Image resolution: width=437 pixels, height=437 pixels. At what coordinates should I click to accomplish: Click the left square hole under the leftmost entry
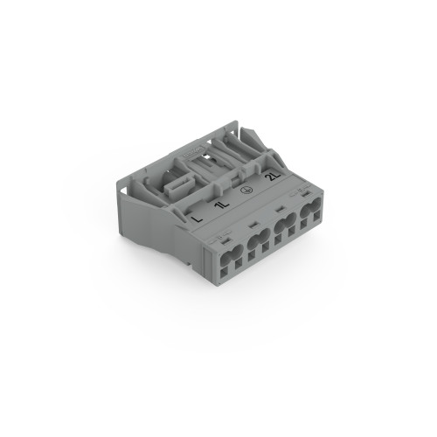(225, 270)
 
